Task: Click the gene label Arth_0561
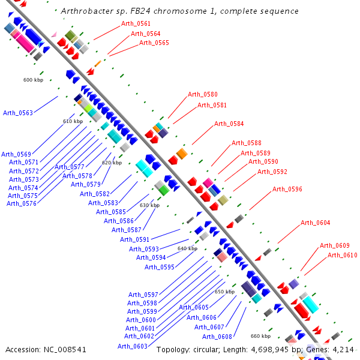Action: point(136,23)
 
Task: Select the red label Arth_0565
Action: point(154,43)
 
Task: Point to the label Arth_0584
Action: point(229,124)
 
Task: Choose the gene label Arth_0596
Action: point(287,189)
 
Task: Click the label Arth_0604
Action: point(316,223)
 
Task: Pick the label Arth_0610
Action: point(343,255)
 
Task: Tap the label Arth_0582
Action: point(95,194)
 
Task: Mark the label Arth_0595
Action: point(160,267)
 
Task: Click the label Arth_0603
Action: point(133,346)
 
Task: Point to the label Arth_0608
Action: point(217,336)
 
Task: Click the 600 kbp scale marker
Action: point(33,80)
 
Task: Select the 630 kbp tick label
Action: point(149,205)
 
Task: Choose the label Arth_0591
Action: point(135,239)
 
